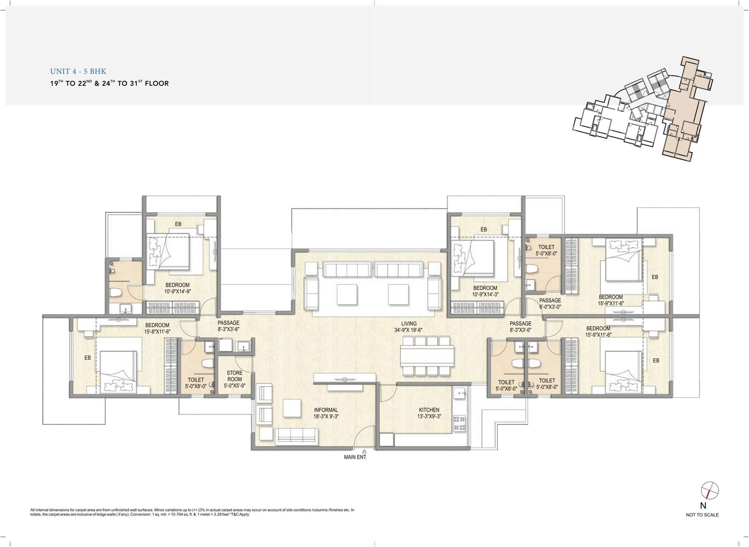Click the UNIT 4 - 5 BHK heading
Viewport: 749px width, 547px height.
click(78, 71)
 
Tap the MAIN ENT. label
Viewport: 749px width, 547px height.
click(355, 457)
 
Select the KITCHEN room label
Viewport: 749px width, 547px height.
click(429, 410)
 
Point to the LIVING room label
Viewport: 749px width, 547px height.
click(409, 324)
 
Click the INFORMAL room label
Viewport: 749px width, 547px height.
click(326, 410)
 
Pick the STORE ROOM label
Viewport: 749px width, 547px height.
click(235, 376)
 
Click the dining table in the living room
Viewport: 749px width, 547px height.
click(427, 355)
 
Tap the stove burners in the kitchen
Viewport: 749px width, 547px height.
click(459, 423)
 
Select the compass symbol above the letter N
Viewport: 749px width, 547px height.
click(710, 491)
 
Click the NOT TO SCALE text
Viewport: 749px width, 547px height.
click(702, 515)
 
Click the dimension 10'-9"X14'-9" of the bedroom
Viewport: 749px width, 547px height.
click(177, 291)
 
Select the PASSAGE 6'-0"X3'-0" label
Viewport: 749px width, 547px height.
click(550, 303)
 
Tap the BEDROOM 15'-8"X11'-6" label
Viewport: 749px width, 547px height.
click(157, 328)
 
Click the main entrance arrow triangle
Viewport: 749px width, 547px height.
click(365, 451)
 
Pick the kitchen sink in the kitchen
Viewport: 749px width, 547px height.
click(460, 393)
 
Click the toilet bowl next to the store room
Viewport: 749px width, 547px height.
click(207, 363)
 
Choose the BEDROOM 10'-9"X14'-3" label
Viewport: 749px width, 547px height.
click(485, 291)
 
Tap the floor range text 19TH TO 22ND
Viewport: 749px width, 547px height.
click(71, 83)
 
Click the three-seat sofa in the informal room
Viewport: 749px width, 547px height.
click(296, 436)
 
